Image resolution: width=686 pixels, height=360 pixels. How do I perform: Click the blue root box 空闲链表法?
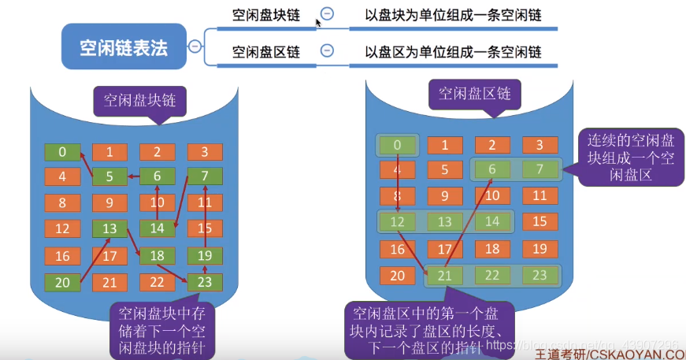pyautogui.click(x=124, y=47)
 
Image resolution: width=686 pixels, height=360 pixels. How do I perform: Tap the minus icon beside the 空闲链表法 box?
pyautogui.click(x=195, y=47)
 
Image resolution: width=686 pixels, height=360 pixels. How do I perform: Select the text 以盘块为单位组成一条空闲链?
pyautogui.click(x=453, y=15)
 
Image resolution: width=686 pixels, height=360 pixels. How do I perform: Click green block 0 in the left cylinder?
pyautogui.click(x=62, y=152)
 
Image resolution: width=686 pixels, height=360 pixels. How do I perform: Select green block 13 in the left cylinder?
pyautogui.click(x=109, y=229)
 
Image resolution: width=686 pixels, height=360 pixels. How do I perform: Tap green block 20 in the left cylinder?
pyautogui.click(x=62, y=281)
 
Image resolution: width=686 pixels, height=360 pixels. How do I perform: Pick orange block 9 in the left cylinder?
pyautogui.click(x=109, y=203)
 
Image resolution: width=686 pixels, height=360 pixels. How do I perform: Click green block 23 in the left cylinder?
pyautogui.click(x=205, y=281)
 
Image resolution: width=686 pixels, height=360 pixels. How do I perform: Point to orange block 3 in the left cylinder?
pyautogui.click(x=205, y=152)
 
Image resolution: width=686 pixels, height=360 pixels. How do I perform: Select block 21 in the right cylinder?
pyautogui.click(x=445, y=275)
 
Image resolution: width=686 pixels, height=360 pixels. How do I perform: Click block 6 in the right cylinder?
pyautogui.click(x=492, y=169)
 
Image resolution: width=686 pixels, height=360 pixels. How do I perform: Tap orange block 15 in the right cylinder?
pyautogui.click(x=540, y=222)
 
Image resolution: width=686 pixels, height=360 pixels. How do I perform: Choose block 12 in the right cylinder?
pyautogui.click(x=398, y=222)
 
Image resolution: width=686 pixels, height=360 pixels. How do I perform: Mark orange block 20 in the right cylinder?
pyautogui.click(x=398, y=275)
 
